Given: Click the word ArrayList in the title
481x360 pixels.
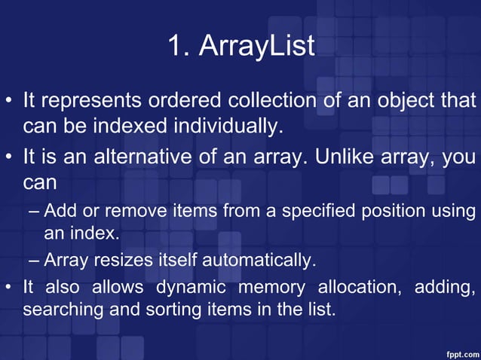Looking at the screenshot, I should [x=256, y=47].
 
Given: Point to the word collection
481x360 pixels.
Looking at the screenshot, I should [x=274, y=100].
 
